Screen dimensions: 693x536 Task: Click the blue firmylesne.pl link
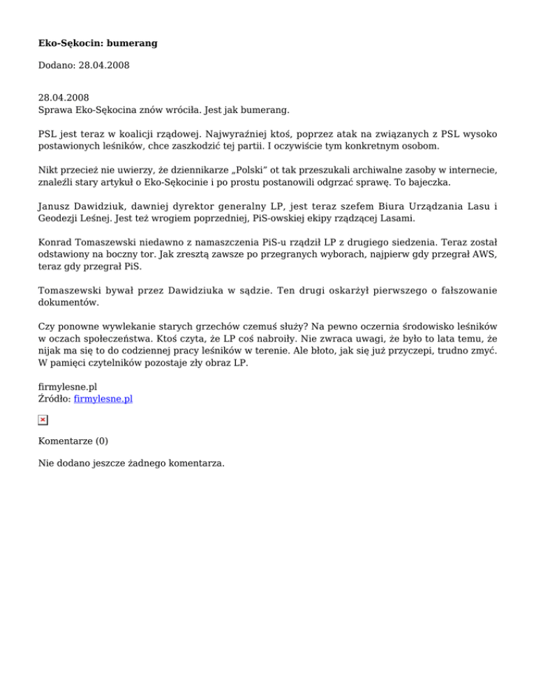(103, 399)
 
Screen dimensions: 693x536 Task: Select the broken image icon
(43, 420)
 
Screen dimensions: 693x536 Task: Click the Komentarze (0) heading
(73, 441)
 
